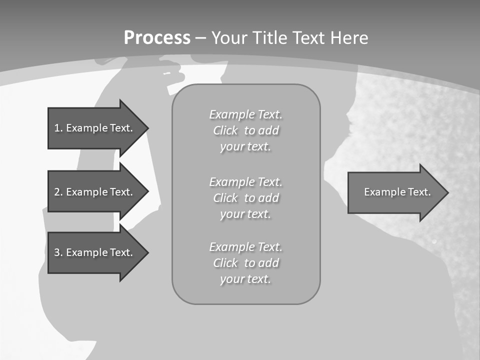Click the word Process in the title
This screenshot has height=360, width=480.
pos(157,38)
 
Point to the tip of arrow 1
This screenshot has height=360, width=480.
pos(147,128)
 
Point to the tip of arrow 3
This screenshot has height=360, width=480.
pos(147,252)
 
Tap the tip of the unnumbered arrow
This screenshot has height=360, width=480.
pos(447,192)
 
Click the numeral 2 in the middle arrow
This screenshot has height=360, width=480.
pos(57,192)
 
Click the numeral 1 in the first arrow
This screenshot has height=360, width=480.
pos(57,128)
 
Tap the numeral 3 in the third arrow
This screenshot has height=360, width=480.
pos(57,252)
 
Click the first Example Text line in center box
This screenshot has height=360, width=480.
pos(245,114)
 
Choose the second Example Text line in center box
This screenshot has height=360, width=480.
pos(245,181)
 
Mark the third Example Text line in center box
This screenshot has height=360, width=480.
pos(245,247)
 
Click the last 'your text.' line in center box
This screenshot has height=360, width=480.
pos(245,279)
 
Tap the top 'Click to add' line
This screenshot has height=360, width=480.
pos(245,130)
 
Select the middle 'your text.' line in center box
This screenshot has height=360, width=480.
pos(245,214)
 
